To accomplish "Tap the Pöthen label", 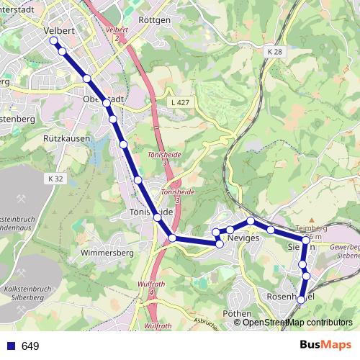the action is click(x=237, y=313).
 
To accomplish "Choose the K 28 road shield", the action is click(x=274, y=53).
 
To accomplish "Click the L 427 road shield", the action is click(x=182, y=103).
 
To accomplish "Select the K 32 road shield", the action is click(x=57, y=178).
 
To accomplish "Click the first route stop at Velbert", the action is click(x=53, y=41).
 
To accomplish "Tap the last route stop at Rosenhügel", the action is click(x=302, y=300).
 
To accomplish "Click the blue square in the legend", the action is click(x=11, y=346).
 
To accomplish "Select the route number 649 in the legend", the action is click(x=30, y=346).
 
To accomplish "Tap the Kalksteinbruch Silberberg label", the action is click(x=25, y=293).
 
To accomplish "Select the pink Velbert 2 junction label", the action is click(x=116, y=33).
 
